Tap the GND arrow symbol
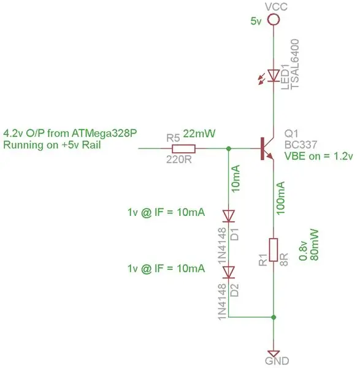274,354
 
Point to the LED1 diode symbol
274,75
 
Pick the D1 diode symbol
228,216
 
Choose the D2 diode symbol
228,272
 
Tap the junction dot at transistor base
229,148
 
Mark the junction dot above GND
274,317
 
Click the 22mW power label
199,134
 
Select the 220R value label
179,160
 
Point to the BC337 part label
301,145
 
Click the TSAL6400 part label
295,64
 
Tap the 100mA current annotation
281,197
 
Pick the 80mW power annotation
314,245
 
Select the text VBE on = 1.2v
319,156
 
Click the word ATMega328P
104,134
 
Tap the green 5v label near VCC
256,21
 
